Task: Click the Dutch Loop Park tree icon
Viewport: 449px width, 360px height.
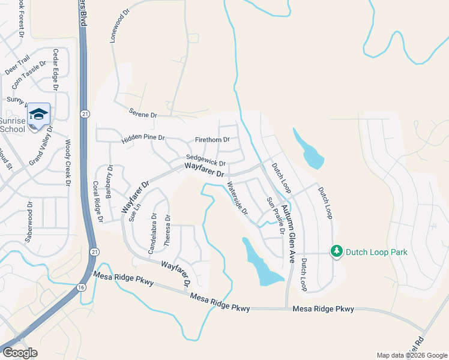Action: click(x=337, y=251)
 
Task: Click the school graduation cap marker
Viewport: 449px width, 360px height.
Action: click(x=38, y=113)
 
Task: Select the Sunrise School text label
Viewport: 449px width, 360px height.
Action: click(x=13, y=125)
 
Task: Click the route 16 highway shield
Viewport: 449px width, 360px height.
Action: click(x=81, y=288)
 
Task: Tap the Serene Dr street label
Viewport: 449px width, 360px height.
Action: click(x=142, y=114)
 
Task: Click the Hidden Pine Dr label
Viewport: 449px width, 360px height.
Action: click(x=143, y=139)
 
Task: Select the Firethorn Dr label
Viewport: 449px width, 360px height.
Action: click(x=212, y=140)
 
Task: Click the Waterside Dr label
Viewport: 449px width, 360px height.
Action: click(x=237, y=199)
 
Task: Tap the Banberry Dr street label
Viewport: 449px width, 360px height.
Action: click(x=110, y=182)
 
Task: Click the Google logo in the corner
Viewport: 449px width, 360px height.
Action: click(x=20, y=353)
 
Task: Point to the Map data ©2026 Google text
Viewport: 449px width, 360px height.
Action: click(x=411, y=355)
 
